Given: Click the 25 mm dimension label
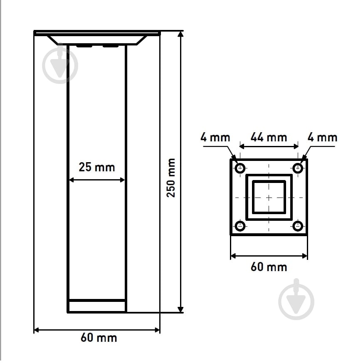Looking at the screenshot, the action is [x=97, y=167].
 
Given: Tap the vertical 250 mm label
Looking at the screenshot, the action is [x=171, y=178].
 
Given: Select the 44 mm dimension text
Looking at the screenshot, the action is [x=269, y=137].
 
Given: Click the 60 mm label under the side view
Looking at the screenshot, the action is [x=99, y=338].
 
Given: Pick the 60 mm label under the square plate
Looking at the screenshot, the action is [x=269, y=267].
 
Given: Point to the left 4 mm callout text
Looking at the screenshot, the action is [x=215, y=137].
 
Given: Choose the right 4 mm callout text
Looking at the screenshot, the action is [x=322, y=138].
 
